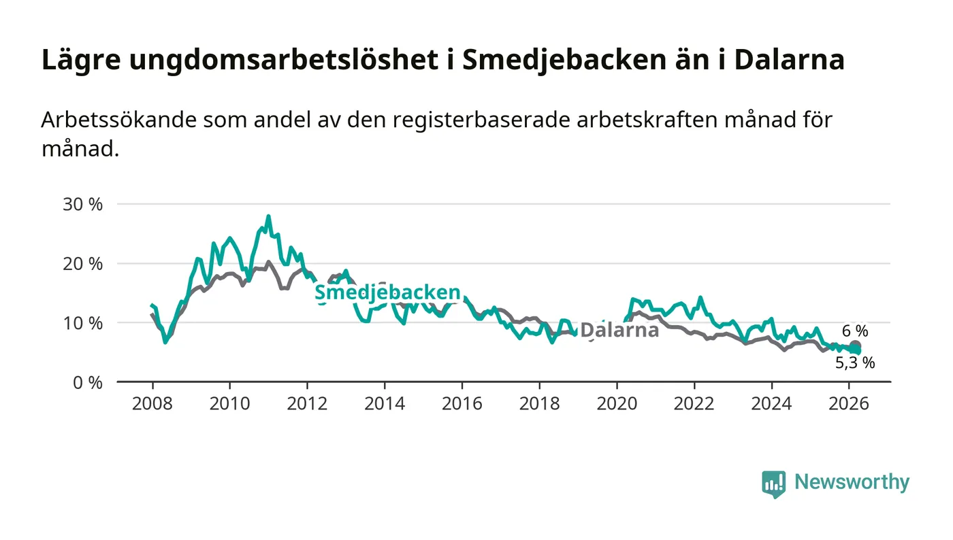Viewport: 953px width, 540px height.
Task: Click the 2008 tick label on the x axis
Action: click(x=152, y=404)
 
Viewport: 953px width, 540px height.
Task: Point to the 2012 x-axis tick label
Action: click(x=307, y=404)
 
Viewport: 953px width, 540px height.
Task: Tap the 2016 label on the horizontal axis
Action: click(x=462, y=404)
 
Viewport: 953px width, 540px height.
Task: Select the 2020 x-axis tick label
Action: click(x=616, y=404)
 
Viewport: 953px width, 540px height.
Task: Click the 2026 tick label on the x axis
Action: click(x=848, y=404)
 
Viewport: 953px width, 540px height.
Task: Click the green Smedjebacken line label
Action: click(x=387, y=293)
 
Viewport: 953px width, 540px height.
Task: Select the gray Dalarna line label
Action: click(x=619, y=331)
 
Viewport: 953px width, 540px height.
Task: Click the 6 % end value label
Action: click(x=854, y=331)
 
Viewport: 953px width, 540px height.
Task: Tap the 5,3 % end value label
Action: click(x=854, y=363)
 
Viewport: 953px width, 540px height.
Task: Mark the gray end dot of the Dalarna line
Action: click(x=855, y=346)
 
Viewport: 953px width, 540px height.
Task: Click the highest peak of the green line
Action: click(x=268, y=217)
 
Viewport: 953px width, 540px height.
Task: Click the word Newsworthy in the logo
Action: click(x=852, y=482)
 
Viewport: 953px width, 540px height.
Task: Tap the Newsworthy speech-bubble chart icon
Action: click(x=773, y=484)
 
